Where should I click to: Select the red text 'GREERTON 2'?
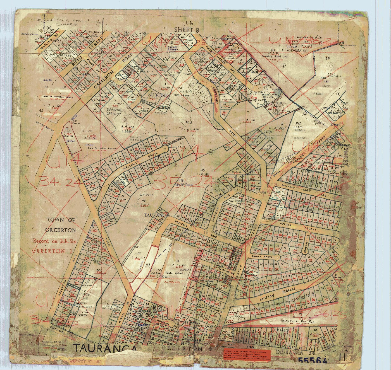[x=52, y=250]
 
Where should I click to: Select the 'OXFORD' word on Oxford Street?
[x=285, y=225]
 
